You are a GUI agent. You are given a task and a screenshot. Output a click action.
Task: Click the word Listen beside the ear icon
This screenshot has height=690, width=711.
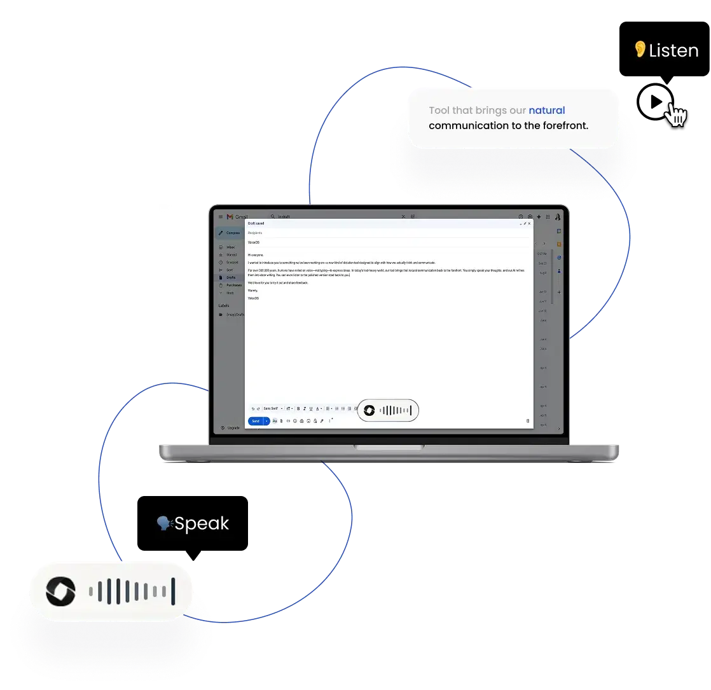tap(673, 51)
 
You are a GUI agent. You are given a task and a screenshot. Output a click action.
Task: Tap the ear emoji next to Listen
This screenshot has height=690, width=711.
tap(640, 49)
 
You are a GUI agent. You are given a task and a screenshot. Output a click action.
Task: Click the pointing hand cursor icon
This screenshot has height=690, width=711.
tap(675, 114)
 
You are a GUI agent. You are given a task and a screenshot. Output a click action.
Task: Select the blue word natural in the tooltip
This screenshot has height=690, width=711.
tap(546, 111)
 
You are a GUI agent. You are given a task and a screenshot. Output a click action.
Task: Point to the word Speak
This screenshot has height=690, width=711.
tap(202, 524)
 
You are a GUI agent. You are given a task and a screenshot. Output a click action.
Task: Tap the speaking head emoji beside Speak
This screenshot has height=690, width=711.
tap(164, 523)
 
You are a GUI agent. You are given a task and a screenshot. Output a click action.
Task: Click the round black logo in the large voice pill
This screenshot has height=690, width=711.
tap(60, 592)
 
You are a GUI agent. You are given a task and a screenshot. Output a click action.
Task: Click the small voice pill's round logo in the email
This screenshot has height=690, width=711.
tap(369, 411)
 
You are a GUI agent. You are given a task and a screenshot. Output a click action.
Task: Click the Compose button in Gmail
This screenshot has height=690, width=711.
tap(230, 233)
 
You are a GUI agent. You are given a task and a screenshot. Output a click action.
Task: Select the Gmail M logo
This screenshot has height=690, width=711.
tap(230, 217)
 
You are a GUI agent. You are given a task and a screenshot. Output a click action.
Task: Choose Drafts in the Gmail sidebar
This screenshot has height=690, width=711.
tap(230, 277)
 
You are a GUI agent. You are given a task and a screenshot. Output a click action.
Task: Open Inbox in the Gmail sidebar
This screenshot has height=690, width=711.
tap(230, 247)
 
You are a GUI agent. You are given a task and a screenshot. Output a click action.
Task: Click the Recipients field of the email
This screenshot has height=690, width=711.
tap(255, 233)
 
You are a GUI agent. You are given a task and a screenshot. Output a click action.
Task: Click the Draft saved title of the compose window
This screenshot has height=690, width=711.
tap(256, 223)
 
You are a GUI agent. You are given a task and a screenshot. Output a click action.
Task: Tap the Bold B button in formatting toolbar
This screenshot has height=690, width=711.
tap(298, 408)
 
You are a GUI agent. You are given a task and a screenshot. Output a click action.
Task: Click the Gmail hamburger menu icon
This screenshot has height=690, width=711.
tap(221, 217)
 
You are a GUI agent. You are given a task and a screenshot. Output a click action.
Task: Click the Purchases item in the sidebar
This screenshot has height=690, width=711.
tap(233, 285)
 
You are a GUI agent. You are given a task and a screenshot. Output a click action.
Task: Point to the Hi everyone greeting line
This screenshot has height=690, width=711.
tap(256, 254)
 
